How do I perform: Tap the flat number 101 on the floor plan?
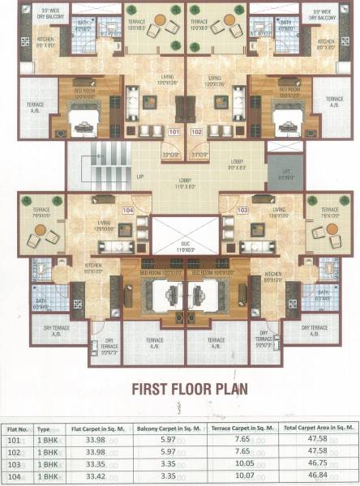tap(173, 130)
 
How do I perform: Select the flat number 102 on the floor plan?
tap(196, 130)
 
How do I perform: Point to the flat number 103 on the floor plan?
tap(241, 209)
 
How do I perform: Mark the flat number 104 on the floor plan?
tap(126, 209)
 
